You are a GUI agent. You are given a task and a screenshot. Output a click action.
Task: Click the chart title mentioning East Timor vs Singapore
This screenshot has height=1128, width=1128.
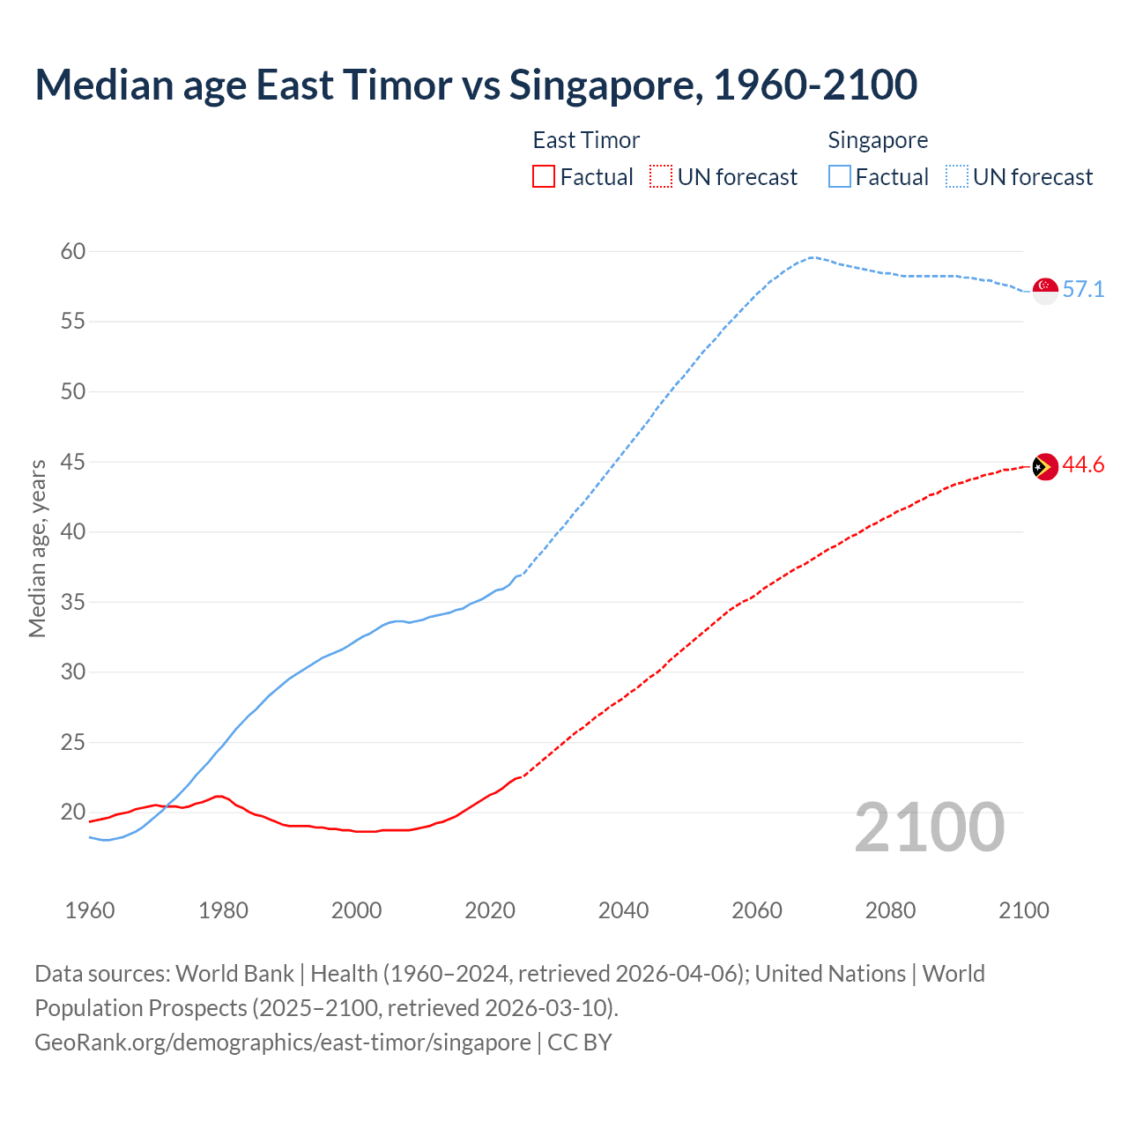476,85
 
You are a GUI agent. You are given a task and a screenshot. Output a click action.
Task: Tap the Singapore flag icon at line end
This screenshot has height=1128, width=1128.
1045,290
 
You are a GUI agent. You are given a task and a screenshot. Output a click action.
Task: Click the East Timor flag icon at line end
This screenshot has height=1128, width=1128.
1045,466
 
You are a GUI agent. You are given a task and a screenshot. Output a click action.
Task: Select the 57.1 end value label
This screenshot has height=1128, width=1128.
1083,290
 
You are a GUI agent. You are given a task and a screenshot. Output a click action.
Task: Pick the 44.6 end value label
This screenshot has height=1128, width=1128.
1083,465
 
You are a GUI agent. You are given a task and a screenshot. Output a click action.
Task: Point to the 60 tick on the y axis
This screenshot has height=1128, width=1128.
73,252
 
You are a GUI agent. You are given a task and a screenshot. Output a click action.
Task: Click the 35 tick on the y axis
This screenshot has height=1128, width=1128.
73,603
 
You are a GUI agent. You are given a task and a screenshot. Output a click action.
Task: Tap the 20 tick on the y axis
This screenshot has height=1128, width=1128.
73,813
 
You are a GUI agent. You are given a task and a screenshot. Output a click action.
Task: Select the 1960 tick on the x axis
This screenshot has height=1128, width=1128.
90,910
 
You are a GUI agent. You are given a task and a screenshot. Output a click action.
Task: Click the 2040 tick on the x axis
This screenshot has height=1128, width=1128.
624,910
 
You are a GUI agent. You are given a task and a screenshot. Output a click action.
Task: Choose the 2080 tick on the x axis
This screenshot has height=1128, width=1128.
890,910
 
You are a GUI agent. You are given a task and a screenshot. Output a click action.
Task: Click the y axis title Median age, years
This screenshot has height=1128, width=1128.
37,548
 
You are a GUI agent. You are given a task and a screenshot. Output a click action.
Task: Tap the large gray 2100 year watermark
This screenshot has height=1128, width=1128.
930,827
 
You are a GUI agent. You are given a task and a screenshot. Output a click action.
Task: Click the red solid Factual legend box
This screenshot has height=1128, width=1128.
544,177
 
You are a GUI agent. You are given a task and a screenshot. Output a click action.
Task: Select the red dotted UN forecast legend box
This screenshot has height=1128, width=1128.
661,177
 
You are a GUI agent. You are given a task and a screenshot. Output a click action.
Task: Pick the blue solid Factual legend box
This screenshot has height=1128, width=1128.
840,177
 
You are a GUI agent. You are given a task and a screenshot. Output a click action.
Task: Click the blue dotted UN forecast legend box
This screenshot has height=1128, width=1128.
957,177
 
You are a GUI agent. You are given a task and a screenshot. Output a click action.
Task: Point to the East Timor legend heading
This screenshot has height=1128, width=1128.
586,140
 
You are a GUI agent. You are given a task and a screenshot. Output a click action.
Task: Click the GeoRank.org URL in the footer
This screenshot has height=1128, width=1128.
283,1043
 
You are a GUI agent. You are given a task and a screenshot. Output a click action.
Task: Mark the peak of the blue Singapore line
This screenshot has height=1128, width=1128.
811,257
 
